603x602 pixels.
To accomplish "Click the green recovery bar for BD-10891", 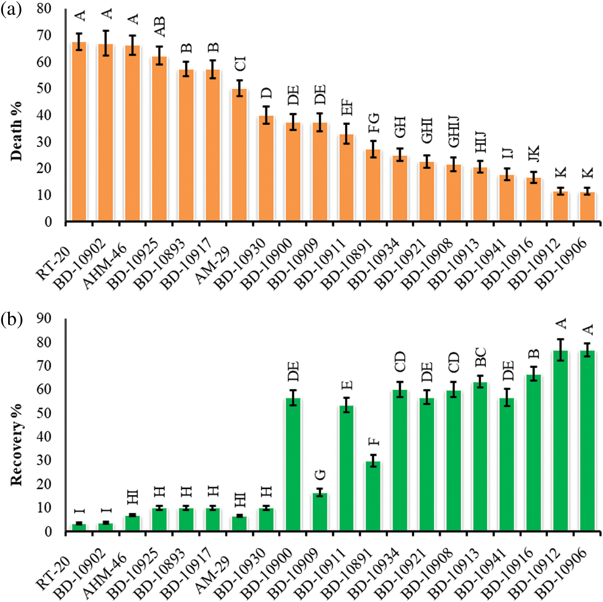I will [x=373, y=496].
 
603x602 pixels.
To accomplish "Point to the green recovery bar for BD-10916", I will [x=534, y=453].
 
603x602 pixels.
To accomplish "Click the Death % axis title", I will [x=16, y=131].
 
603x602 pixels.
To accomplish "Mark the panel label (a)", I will [x=11, y=10].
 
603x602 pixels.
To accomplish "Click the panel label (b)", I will [x=11, y=319].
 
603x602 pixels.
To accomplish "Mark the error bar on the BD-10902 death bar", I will [x=106, y=43].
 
